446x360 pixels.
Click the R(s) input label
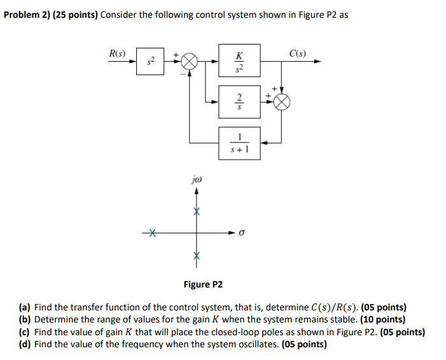point(117,53)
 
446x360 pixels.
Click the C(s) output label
point(297,53)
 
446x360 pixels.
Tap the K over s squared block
point(239,62)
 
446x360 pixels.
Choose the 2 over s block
point(239,102)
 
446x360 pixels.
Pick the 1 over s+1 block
point(239,142)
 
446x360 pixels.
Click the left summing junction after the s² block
point(189,62)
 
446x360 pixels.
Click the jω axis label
point(196,181)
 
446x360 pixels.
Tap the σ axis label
point(242,233)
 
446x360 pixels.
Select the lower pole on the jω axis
point(197,256)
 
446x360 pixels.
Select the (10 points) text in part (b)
point(383,319)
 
